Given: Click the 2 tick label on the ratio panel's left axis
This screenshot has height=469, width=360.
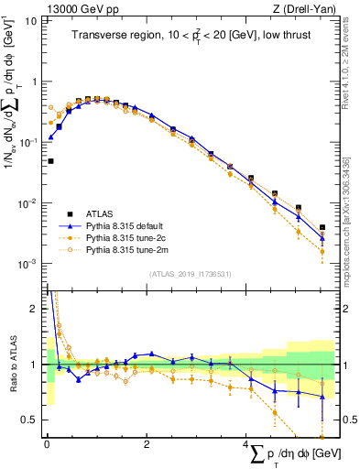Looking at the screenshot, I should (33, 309).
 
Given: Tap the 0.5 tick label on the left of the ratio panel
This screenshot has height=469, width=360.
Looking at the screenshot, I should (29, 420).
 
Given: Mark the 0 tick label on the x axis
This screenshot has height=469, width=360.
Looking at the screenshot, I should (47, 444).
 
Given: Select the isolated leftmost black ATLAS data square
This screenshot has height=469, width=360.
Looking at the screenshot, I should (50, 161).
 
